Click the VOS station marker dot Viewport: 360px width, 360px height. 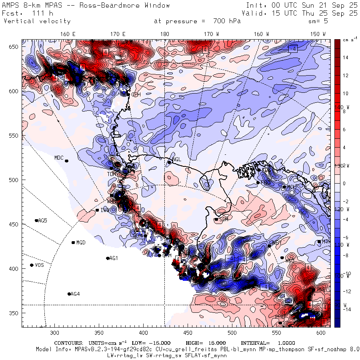(32, 265)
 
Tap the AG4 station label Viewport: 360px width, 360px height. (75, 294)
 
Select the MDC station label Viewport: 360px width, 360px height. (59, 158)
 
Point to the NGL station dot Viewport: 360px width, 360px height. (169, 162)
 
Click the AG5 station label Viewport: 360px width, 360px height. (43, 220)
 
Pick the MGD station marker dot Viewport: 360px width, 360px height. (73, 242)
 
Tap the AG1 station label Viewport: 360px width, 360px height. (114, 258)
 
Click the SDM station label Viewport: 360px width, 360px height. (223, 219)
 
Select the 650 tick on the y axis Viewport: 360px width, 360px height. (15, 47)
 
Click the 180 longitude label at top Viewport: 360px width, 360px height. (164, 34)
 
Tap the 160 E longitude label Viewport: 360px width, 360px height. (68, 34)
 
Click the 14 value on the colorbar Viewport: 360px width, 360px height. (346, 58)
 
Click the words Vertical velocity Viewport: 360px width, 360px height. (37, 21)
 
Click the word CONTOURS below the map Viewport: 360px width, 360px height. (69, 343)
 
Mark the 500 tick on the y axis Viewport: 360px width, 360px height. (15, 180)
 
